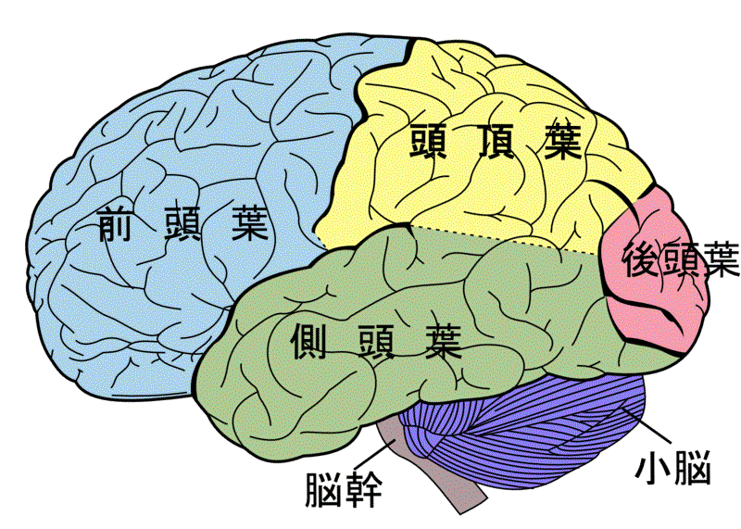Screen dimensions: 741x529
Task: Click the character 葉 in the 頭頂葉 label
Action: click(563, 141)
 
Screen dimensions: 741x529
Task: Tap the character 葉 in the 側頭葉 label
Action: click(443, 341)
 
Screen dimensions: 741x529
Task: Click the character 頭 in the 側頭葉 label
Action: click(376, 341)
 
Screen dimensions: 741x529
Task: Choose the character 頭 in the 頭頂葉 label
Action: click(429, 141)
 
